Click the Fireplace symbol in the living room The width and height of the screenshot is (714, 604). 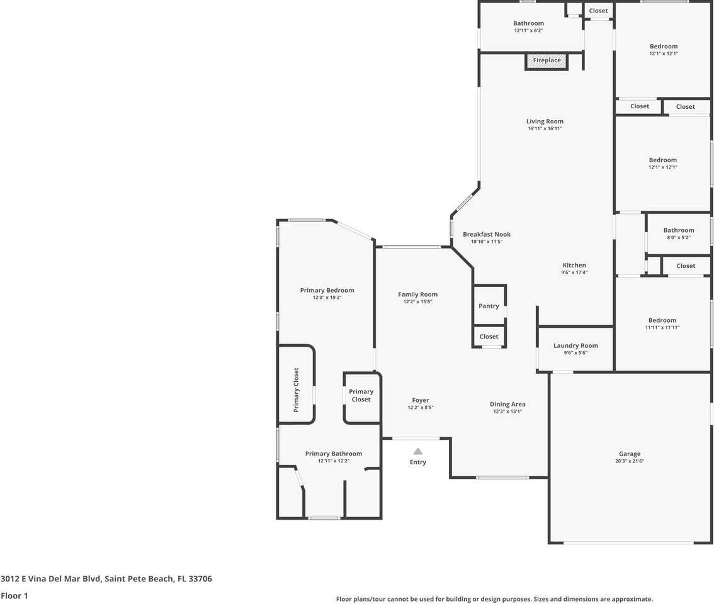547,61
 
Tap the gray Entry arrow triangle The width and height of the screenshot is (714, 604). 417,450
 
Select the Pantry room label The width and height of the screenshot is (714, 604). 489,306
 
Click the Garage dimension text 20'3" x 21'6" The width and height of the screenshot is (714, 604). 630,461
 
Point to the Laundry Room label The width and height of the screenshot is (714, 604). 575,345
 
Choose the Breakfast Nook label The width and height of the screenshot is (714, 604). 487,234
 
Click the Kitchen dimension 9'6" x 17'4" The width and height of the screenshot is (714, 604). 574,272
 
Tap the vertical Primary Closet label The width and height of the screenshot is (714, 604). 296,390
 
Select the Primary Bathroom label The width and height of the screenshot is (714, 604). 334,454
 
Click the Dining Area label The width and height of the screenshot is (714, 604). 507,404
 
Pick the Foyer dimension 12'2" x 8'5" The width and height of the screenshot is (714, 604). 421,408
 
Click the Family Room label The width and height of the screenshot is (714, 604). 417,294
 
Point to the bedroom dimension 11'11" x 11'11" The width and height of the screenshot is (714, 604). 662,327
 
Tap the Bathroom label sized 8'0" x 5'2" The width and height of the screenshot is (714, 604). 679,230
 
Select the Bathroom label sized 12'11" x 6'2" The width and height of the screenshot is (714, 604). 528,23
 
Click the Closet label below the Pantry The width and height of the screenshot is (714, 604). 489,337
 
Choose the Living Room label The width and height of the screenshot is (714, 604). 545,121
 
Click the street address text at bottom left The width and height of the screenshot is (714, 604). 106,579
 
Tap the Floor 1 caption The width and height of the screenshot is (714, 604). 14,595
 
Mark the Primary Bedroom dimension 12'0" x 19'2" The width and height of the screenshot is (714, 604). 327,298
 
